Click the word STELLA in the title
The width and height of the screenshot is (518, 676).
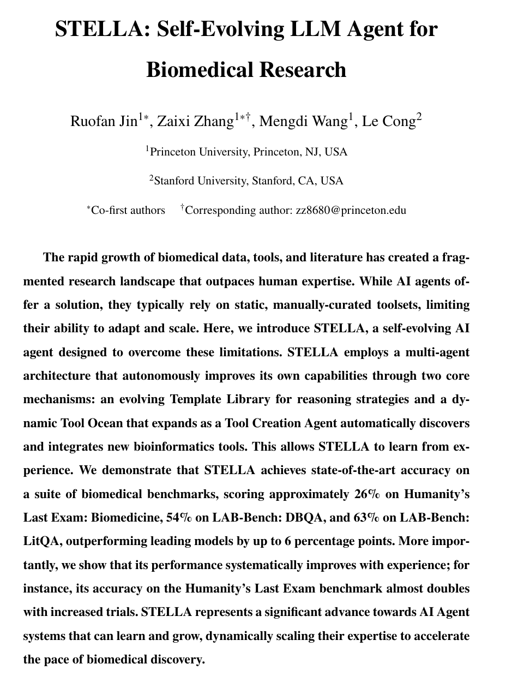tap(101, 28)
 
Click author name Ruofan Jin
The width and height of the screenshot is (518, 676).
tap(104, 121)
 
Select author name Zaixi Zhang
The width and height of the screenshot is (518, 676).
tap(195, 121)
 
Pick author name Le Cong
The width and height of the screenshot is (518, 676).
tap(389, 121)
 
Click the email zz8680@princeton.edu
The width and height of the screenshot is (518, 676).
tap(351, 210)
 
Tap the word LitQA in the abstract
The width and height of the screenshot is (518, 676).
tap(42, 541)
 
